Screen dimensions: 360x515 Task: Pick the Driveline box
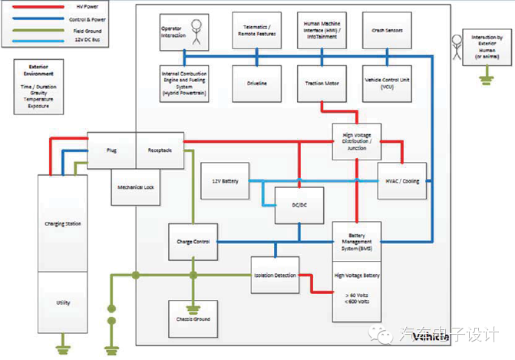tap(257, 82)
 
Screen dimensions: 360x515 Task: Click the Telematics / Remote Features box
tap(257, 32)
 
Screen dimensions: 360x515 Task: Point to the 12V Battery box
tap(226, 182)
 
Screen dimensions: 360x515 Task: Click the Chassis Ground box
tap(193, 319)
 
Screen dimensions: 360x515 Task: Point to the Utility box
tap(63, 302)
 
